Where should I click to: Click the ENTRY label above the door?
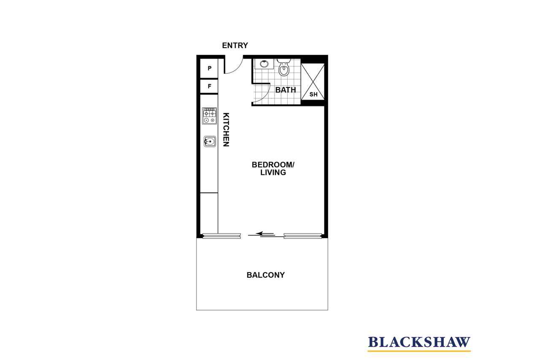click(x=235, y=45)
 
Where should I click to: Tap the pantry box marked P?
click(x=209, y=68)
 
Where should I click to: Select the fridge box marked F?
click(x=209, y=86)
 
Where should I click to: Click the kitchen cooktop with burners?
click(x=209, y=116)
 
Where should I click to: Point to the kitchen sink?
click(x=210, y=141)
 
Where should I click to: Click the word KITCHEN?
click(x=226, y=130)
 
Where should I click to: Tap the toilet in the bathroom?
click(x=284, y=68)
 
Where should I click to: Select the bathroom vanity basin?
click(x=264, y=64)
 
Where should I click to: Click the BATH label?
click(x=286, y=90)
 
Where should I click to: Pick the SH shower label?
click(x=313, y=94)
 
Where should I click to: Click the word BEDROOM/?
click(x=273, y=165)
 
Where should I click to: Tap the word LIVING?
click(x=273, y=173)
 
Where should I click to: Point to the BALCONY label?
click(x=265, y=275)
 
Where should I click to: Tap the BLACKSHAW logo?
click(x=419, y=342)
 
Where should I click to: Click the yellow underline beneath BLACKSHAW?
click(x=419, y=351)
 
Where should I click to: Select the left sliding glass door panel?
click(x=221, y=236)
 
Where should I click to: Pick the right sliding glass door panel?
click(x=303, y=236)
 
